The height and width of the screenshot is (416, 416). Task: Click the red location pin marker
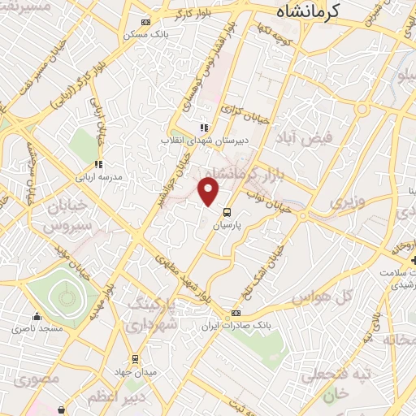click(x=209, y=191)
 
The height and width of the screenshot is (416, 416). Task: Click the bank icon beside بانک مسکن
click(x=145, y=22)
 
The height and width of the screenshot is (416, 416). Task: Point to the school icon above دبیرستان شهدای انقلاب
click(x=204, y=128)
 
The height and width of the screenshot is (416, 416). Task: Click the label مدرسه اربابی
click(x=99, y=176)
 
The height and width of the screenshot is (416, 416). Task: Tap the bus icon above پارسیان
click(x=224, y=213)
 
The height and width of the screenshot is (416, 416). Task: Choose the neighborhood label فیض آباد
click(x=305, y=138)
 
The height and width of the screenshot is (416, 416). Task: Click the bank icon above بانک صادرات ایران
click(x=236, y=313)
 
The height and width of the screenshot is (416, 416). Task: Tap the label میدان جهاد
click(x=134, y=371)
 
